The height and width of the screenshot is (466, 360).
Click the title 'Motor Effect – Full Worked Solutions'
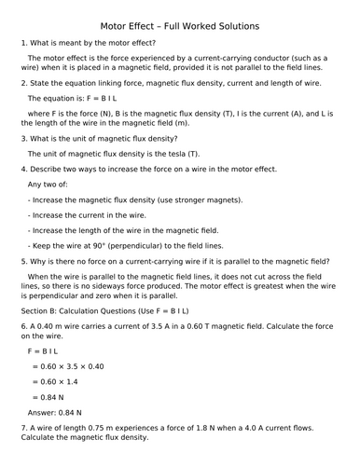(179, 25)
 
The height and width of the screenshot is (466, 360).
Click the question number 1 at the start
(22, 45)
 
